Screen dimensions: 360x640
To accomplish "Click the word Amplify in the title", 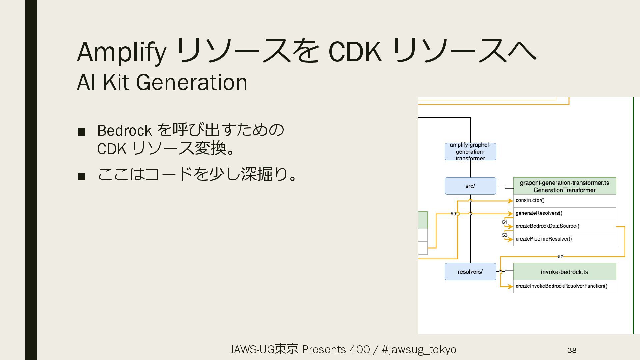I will click(x=121, y=52).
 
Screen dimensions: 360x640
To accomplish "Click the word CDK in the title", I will click(x=355, y=52).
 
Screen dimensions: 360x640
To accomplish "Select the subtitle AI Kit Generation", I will click(x=162, y=82).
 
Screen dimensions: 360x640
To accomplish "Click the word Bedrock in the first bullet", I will click(x=124, y=130).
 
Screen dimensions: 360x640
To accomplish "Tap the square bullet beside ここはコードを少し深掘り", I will click(x=82, y=176).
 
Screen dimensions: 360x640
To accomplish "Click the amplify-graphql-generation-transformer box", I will click(x=470, y=152).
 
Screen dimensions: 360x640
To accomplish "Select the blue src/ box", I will click(x=470, y=186).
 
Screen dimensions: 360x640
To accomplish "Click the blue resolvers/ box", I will click(x=470, y=272).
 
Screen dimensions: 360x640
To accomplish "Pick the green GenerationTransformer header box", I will click(x=564, y=186).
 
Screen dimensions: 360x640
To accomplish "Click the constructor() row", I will click(x=564, y=200).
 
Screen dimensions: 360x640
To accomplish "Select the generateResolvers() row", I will click(x=564, y=213).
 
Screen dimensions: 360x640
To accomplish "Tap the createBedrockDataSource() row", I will click(x=564, y=226).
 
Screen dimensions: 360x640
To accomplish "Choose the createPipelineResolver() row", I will click(x=564, y=239).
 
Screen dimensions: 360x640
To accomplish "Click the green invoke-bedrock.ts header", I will click(x=564, y=272).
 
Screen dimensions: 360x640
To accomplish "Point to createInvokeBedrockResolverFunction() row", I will click(x=564, y=286).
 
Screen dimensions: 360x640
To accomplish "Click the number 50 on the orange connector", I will click(x=453, y=214).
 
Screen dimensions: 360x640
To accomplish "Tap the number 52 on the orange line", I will click(x=560, y=256).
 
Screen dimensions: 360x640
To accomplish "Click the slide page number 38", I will click(x=572, y=350).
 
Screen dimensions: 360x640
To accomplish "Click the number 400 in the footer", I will click(x=360, y=349).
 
